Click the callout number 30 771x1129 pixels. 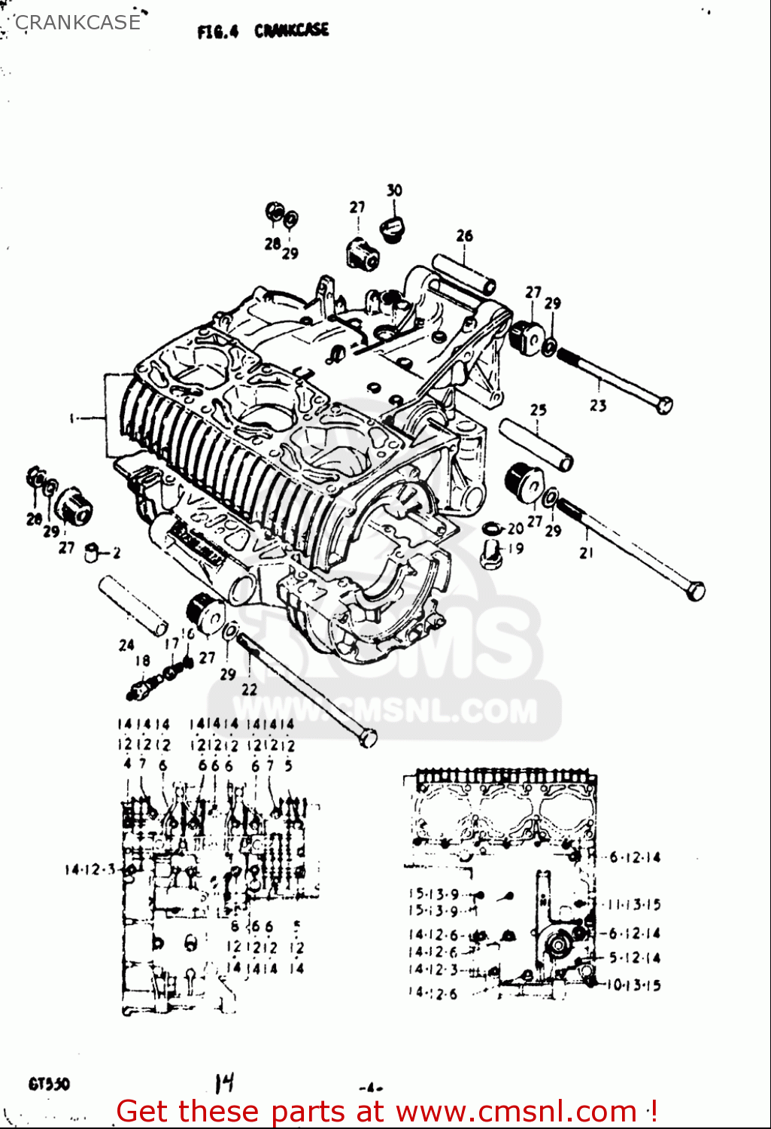(x=394, y=190)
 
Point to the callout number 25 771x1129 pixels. (x=538, y=410)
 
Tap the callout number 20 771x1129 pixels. (x=515, y=529)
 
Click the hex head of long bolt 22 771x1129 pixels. (x=367, y=738)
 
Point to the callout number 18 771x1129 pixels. (x=142, y=661)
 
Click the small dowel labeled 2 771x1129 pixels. (x=93, y=553)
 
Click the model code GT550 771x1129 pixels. (x=50, y=1085)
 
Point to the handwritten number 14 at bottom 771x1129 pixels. (x=224, y=1083)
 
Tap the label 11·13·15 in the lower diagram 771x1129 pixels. (x=634, y=905)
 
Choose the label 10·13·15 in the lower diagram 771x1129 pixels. (x=634, y=985)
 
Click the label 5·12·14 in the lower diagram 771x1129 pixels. (x=634, y=958)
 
